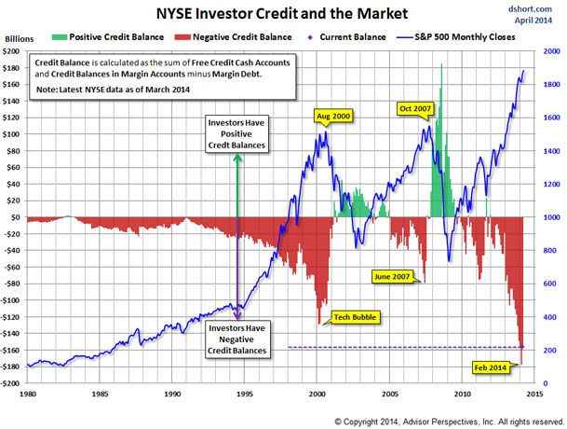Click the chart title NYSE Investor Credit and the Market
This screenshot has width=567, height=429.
pos(282,13)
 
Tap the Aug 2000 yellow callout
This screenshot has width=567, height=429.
pos(333,117)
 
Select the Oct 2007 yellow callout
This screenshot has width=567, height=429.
pos(415,109)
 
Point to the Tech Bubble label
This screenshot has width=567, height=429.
pos(355,317)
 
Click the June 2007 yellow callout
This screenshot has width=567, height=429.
pos(392,277)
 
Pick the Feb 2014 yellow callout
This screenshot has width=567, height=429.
pos(491,367)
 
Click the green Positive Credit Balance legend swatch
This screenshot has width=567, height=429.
pos(60,37)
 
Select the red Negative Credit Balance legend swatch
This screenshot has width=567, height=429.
pos(182,37)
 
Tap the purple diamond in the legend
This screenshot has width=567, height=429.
pos(309,37)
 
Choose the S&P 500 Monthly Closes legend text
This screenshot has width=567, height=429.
pos(465,37)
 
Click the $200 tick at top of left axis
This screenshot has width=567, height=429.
pos(11,51)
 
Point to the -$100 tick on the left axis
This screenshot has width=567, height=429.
pos(9,300)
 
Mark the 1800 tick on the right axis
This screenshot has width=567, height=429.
pos(551,85)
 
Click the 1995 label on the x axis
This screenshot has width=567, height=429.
pos(245,394)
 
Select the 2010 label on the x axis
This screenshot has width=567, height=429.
pos(462,394)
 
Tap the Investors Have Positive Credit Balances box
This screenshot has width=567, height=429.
pos(236,134)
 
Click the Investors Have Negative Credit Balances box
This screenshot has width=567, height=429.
pos(237,339)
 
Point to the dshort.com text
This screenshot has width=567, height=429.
pos(530,8)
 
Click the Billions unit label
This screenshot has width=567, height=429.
pos(20,39)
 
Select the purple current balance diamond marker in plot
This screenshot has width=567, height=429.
pos(521,347)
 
